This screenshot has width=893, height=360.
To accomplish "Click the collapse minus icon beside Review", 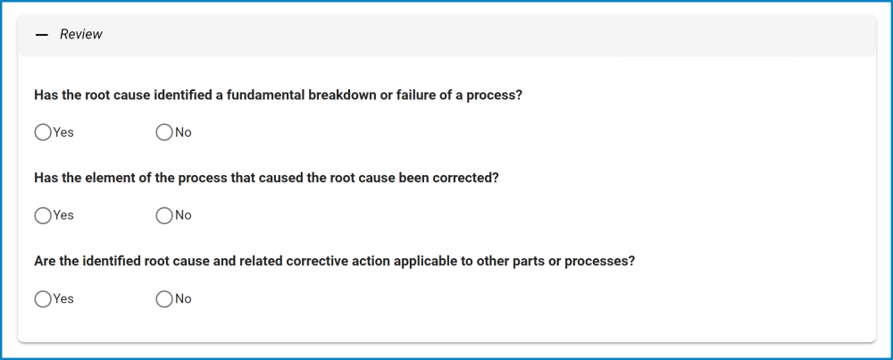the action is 42,35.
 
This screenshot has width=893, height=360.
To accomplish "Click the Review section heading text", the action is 81,34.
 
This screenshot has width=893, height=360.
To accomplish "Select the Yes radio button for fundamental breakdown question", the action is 43,133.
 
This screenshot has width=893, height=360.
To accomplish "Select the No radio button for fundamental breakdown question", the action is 164,133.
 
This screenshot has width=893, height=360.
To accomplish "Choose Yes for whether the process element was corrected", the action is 43,215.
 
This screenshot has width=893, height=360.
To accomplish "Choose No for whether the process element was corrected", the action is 164,215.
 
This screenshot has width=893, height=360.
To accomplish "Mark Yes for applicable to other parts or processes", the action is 43,299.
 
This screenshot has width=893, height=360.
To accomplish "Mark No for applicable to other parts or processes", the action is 164,299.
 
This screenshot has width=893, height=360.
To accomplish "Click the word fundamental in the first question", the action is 265,95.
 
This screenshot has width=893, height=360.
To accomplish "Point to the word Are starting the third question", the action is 44,262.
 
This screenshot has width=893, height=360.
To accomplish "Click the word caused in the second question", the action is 280,178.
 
